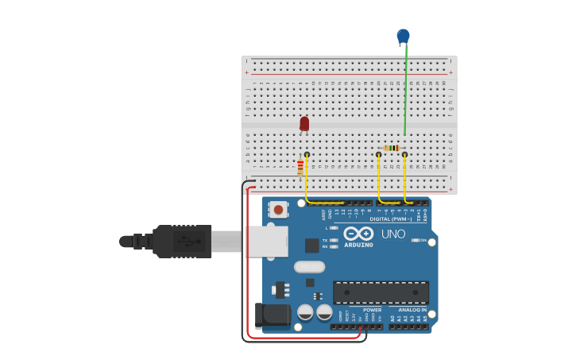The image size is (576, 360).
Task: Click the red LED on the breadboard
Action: [x=304, y=123]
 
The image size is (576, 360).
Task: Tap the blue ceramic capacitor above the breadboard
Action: [x=403, y=36]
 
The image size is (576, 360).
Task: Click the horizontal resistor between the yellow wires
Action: [x=392, y=148]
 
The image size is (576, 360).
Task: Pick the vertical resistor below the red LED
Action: [x=300, y=168]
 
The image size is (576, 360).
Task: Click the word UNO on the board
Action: [x=393, y=234]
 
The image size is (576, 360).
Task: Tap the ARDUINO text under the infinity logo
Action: [x=358, y=245]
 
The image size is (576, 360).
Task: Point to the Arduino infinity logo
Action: [x=358, y=234]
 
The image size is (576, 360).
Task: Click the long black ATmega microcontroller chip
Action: [x=381, y=292]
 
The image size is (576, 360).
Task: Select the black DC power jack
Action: [x=273, y=315]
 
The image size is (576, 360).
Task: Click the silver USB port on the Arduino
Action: [x=266, y=242]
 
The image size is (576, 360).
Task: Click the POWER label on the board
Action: [x=372, y=310]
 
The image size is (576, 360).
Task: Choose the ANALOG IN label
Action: [x=412, y=310]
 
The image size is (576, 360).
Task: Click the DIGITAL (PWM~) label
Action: [x=389, y=219]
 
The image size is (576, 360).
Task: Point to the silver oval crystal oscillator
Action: [x=310, y=267]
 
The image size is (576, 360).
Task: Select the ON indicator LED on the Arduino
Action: [x=415, y=240]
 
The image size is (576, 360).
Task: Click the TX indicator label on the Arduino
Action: [x=325, y=240]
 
